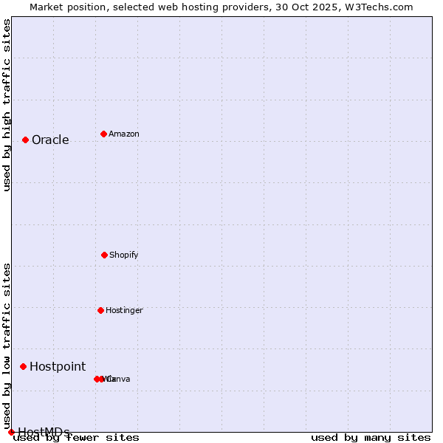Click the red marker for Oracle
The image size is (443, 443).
[x=25, y=140]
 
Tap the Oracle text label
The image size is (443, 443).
[x=50, y=140]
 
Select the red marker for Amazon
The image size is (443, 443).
[x=103, y=134]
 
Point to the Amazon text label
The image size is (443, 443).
[x=124, y=134]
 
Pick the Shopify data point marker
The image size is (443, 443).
[x=104, y=255]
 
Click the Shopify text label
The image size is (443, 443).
[x=124, y=255]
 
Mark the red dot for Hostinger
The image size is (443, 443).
[x=100, y=310]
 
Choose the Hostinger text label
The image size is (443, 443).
[x=124, y=311]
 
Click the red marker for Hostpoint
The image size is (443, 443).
[x=23, y=366]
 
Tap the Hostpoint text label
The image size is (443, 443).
[x=58, y=367]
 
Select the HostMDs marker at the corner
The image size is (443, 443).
[x=11, y=432]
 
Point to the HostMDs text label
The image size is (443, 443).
[x=44, y=432]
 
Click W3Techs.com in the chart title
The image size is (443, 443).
[x=380, y=7]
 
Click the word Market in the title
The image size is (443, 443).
[x=47, y=7]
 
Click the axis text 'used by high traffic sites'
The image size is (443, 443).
[x=7, y=105]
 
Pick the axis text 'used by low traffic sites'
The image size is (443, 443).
[x=7, y=346]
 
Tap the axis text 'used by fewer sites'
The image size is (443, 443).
[x=77, y=438]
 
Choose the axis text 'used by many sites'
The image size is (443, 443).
[x=371, y=438]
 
